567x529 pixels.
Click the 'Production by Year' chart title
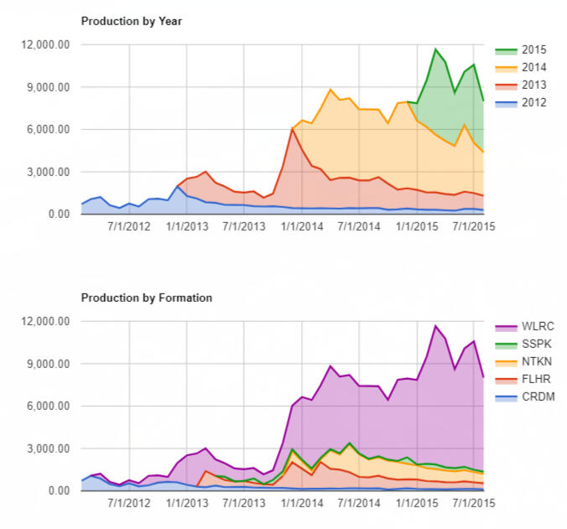point(131,21)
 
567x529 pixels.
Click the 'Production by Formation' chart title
point(146,298)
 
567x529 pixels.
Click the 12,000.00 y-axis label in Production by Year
point(45,44)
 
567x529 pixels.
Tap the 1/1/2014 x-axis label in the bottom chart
point(301,503)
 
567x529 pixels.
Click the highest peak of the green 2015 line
point(435,49)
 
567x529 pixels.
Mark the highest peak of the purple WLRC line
point(435,326)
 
